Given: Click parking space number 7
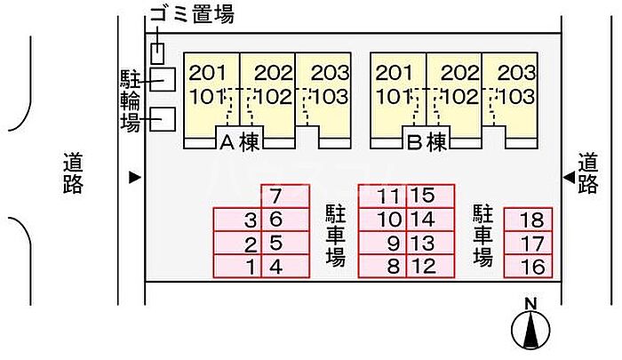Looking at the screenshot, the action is pos(285,196).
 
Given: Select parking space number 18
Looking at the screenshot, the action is pos(529,220).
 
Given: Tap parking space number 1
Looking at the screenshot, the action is pos(237,267).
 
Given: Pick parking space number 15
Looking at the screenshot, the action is pos(431,196).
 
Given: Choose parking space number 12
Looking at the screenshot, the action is pos(431,267).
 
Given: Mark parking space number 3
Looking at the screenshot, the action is pos(237,220).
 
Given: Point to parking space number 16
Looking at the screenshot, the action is pos(529,267).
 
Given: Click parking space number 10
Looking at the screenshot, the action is pos(382,220).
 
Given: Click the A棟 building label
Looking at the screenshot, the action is pos(239,141).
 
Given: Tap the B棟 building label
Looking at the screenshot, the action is pos(427,141).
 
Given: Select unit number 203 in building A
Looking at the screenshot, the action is pos(330,73).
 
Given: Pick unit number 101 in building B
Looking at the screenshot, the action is pos(394,97).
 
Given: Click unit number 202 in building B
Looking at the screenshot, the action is pos(460,73).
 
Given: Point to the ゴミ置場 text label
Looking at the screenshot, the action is pos(192,13).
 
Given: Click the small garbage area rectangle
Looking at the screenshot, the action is pos(157,53).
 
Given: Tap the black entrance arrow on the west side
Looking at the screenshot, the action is pos(135,178).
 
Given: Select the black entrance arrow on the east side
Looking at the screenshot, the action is pos(570,177).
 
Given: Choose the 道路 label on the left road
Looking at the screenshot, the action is pos(73,173).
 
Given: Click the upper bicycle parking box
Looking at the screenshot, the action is pos(163,80).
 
